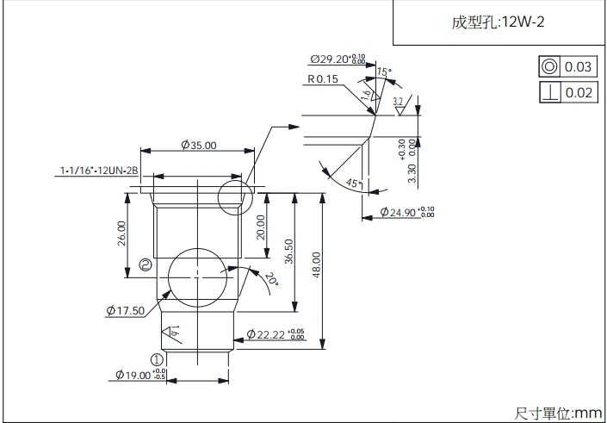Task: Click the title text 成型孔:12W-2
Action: (x=498, y=23)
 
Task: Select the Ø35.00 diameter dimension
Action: (x=199, y=146)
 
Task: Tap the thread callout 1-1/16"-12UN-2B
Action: (x=100, y=171)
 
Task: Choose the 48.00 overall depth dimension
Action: (x=317, y=265)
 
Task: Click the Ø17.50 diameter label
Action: (x=125, y=310)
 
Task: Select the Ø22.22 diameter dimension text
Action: (x=275, y=334)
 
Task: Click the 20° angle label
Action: (x=271, y=279)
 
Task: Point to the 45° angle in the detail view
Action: (x=351, y=183)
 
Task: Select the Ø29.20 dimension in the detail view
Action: (x=338, y=59)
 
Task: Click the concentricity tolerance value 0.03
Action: (x=579, y=67)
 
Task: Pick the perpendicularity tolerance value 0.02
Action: (x=579, y=92)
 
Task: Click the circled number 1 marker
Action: (x=157, y=359)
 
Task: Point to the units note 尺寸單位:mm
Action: (x=560, y=414)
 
